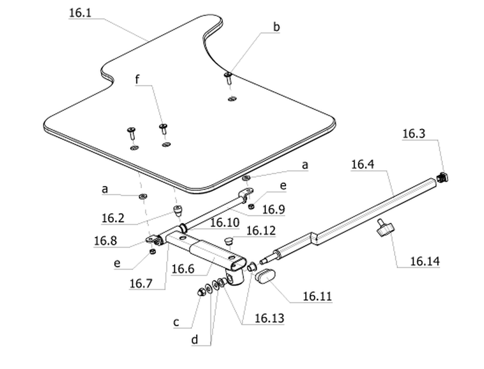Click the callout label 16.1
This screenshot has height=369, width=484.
pyautogui.click(x=80, y=13)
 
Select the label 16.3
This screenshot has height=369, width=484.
pyautogui.click(x=414, y=134)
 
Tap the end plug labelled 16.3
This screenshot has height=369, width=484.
pyautogui.click(x=443, y=177)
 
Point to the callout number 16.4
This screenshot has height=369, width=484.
pyautogui.click(x=363, y=164)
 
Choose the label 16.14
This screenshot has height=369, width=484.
pyautogui.click(x=425, y=261)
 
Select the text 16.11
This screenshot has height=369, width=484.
pyautogui.click(x=317, y=296)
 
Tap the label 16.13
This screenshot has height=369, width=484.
pyautogui.click(x=269, y=318)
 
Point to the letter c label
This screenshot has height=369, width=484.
pyautogui.click(x=176, y=322)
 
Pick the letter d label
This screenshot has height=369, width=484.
pyautogui.click(x=194, y=340)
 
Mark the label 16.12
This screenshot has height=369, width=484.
pyautogui.click(x=261, y=230)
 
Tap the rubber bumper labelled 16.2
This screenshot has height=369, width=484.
pyautogui.click(x=177, y=211)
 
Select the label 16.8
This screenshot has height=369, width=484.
pyautogui.click(x=105, y=241)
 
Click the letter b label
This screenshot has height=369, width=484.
pyautogui.click(x=277, y=27)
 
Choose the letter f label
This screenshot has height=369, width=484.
pyautogui.click(x=137, y=79)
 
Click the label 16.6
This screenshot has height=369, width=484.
pyautogui.click(x=183, y=269)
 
